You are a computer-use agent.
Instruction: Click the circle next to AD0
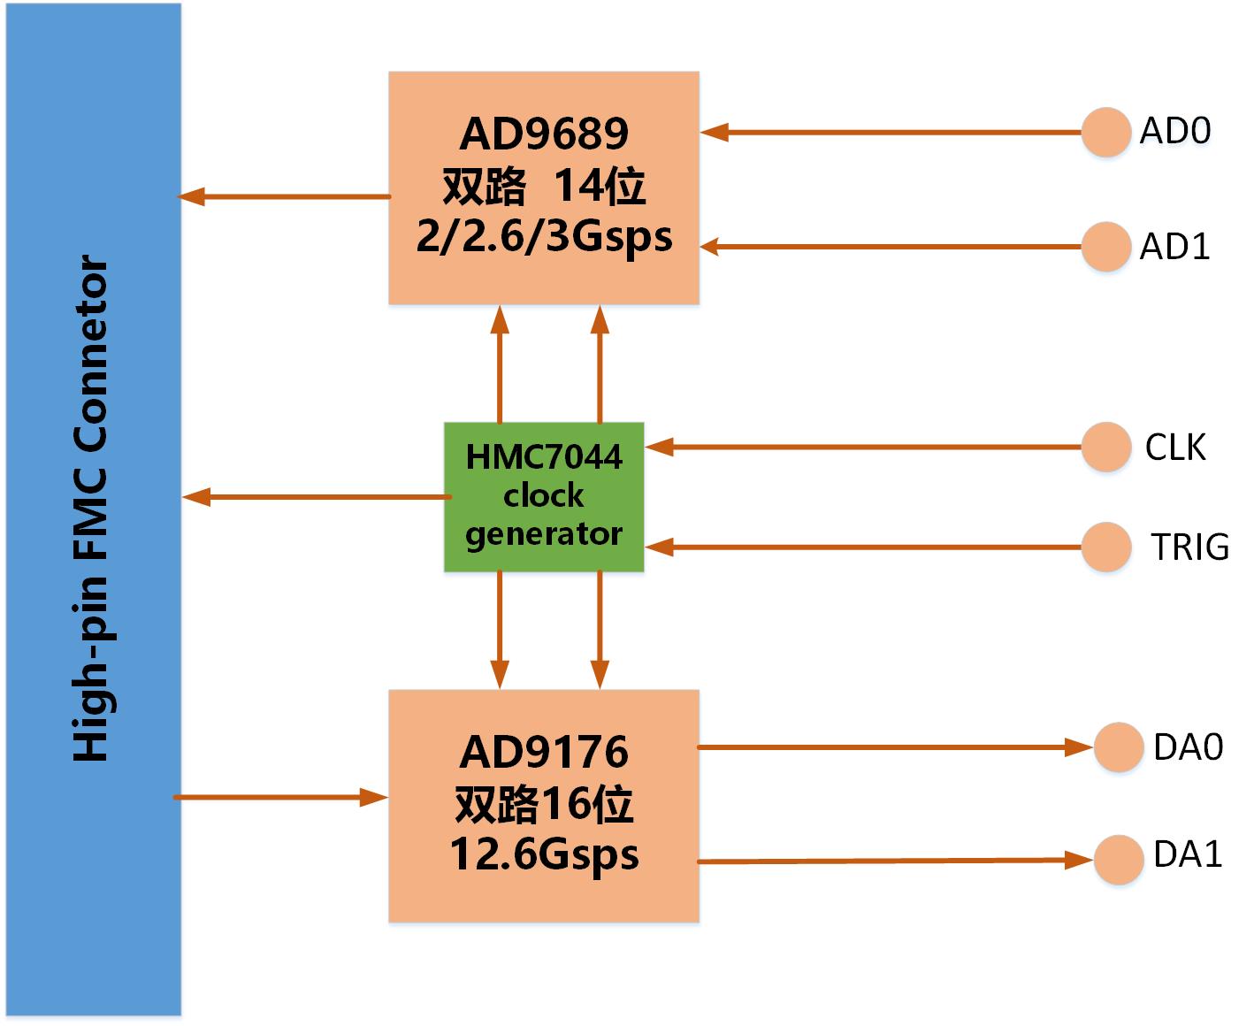tap(1105, 133)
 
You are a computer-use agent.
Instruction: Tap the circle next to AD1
tap(1105, 247)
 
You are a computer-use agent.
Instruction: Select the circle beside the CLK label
tap(1105, 447)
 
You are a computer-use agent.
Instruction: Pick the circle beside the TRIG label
tap(1105, 547)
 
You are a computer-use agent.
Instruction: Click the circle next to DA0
tap(1118, 747)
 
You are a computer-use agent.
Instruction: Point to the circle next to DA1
tap(1118, 859)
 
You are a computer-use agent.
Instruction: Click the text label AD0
tap(1174, 131)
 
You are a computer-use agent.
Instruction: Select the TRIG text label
tap(1189, 547)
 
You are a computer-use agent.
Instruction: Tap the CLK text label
tap(1175, 448)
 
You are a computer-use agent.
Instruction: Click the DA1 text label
tap(1188, 854)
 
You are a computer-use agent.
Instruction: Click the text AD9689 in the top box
tap(544, 134)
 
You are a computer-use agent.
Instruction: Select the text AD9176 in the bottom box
tap(544, 753)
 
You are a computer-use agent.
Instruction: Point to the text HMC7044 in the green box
tap(544, 457)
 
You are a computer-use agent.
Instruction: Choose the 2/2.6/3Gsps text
tap(544, 237)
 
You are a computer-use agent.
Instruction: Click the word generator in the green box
tap(544, 534)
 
